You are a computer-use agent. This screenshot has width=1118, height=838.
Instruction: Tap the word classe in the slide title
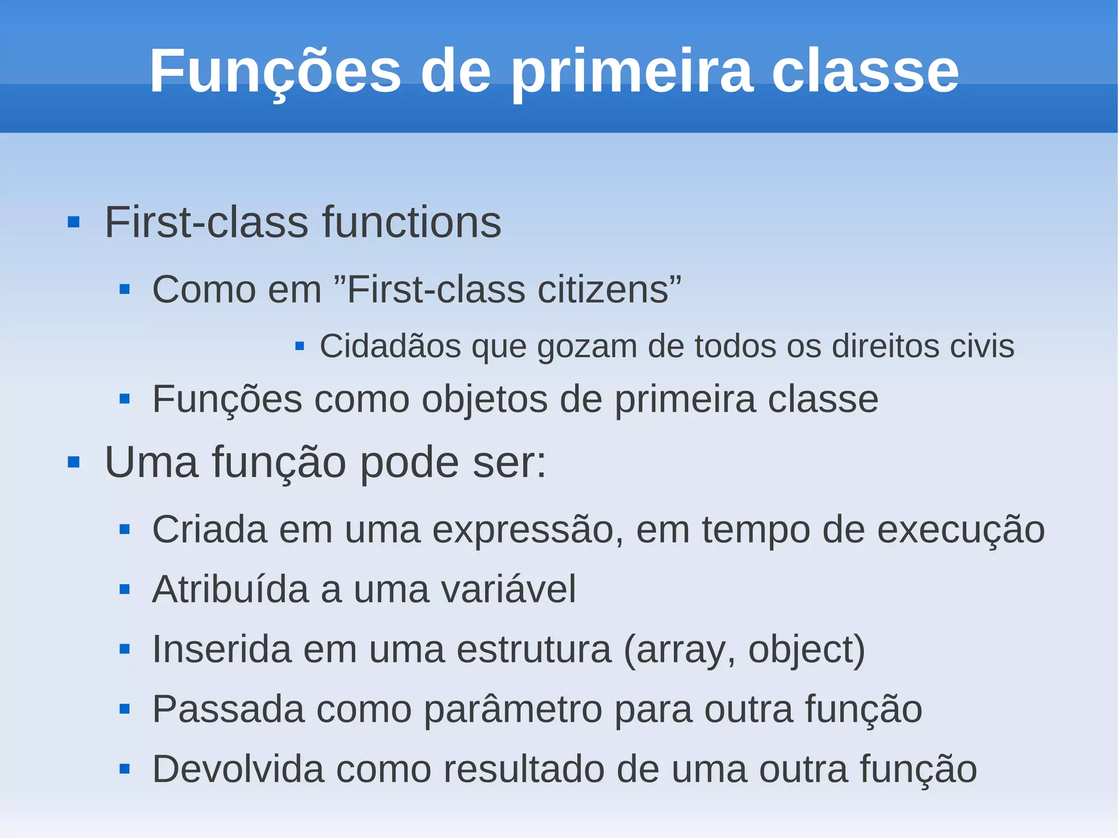point(865,72)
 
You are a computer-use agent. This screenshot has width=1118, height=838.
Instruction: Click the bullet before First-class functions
point(74,223)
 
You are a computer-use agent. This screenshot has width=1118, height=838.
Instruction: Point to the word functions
point(412,223)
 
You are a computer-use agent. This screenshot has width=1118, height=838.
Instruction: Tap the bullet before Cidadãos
point(299,346)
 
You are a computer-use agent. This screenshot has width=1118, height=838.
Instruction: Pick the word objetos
point(485,400)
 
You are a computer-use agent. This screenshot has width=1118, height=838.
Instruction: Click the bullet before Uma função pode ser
point(74,463)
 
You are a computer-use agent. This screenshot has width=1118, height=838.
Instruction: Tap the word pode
point(409,463)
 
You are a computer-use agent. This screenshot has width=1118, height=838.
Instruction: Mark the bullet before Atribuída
point(124,590)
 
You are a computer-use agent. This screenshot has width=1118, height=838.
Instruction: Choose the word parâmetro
point(513,710)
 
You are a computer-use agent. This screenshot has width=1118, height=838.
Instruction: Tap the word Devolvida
point(238,770)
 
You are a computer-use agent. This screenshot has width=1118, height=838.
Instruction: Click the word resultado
point(524,770)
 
